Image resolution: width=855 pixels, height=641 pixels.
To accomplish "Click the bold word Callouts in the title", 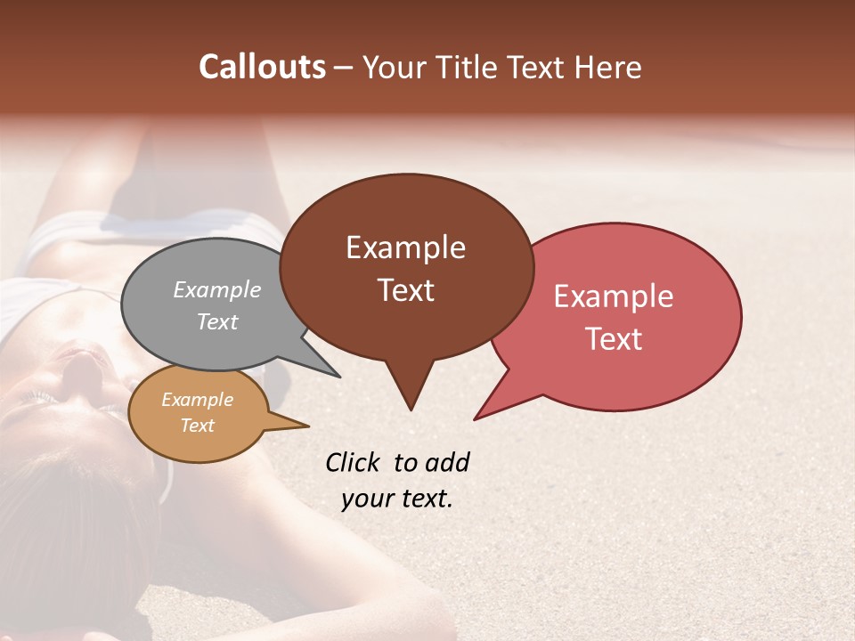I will [262, 67].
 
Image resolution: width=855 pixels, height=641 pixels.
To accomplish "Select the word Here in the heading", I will [607, 68].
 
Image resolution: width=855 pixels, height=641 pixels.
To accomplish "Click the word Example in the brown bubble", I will [405, 247].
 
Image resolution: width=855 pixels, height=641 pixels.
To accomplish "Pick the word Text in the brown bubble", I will [405, 290].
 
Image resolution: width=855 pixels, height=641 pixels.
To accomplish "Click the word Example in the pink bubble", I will [613, 296].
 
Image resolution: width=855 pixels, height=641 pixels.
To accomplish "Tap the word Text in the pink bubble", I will [614, 339].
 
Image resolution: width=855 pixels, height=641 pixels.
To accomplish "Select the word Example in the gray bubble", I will [216, 289].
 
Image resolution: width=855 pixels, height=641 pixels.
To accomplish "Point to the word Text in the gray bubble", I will [216, 321].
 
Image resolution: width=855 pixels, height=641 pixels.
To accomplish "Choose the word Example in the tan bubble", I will [197, 400].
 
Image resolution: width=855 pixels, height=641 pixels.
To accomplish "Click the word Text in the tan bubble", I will [197, 426].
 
